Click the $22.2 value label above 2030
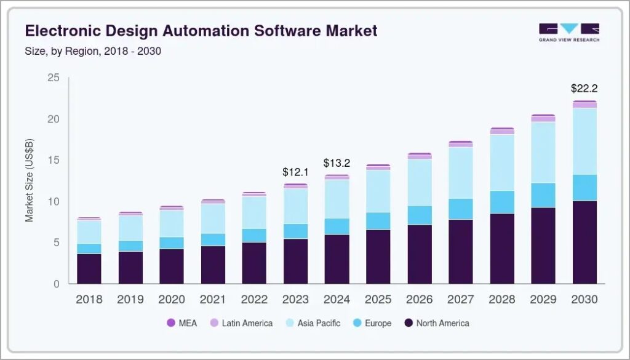point(584,89)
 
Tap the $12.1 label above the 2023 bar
point(295,171)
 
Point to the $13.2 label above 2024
point(337,163)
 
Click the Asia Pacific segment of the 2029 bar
point(543,152)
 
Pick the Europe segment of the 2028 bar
point(502,202)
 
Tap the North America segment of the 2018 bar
point(89,268)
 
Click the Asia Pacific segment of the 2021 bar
point(213,218)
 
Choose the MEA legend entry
point(184,323)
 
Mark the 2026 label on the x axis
point(419,300)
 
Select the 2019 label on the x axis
point(130,300)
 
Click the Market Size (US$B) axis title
point(30,180)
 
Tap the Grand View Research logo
point(568,33)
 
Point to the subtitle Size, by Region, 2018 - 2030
point(93,51)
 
